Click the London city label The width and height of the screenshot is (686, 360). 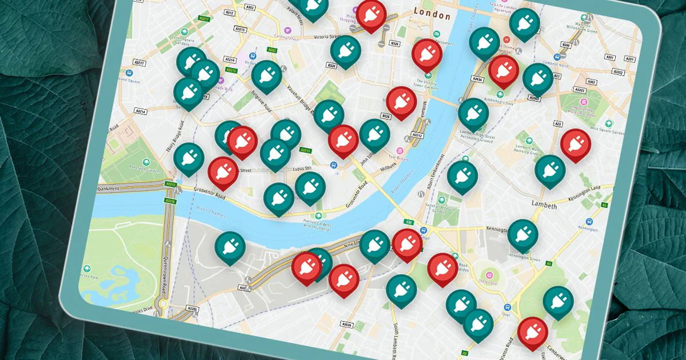pyautogui.click(x=432, y=13)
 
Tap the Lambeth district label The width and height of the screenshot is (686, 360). pyautogui.click(x=544, y=205)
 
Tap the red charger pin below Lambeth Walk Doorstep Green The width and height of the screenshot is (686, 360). pyautogui.click(x=575, y=143)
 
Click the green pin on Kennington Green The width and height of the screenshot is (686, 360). pyautogui.click(x=522, y=234)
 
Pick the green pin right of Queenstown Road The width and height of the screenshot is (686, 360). pyautogui.click(x=230, y=246)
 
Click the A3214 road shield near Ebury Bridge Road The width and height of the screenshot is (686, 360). pyautogui.click(x=139, y=110)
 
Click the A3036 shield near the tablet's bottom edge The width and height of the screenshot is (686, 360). pyautogui.click(x=346, y=325)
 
